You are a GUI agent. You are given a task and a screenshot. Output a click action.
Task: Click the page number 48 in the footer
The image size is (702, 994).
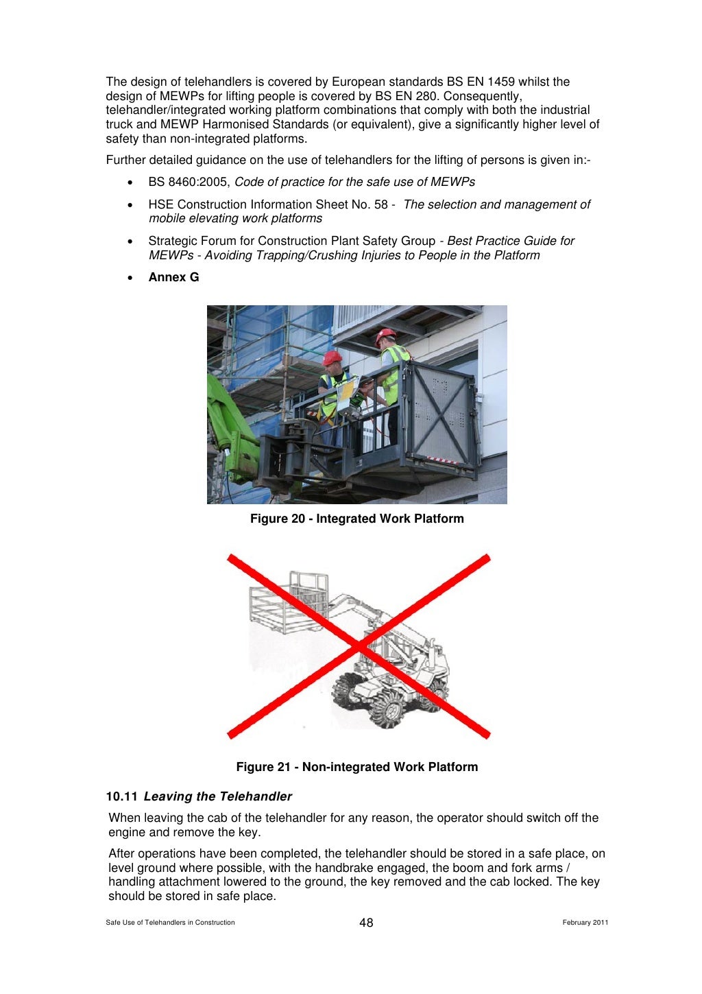[x=366, y=923]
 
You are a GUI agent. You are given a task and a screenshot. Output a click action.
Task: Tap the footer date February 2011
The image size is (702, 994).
[x=585, y=923]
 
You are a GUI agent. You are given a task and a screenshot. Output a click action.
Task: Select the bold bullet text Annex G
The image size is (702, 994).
[x=173, y=277]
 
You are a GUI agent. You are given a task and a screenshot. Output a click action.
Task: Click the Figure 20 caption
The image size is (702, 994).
[x=356, y=519]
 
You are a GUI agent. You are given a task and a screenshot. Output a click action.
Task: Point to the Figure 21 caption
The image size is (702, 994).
[x=356, y=767]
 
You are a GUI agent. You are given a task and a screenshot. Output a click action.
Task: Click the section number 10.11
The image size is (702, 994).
[x=121, y=796]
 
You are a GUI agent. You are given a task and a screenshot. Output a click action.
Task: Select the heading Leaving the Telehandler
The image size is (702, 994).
[x=217, y=796]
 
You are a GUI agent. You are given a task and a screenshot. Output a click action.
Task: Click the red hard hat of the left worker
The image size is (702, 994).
[x=332, y=358]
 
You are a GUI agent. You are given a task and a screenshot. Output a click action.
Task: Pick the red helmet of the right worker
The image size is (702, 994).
[x=385, y=335]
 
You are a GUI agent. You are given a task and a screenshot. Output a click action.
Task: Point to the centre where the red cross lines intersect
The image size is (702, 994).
[x=359, y=646]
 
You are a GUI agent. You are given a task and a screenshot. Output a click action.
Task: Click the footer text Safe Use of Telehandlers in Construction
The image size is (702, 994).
[x=170, y=923]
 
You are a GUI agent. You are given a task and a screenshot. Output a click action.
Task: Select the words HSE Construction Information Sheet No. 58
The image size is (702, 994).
[x=267, y=204]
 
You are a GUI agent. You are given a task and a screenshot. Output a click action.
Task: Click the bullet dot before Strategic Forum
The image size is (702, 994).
[x=130, y=241]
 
